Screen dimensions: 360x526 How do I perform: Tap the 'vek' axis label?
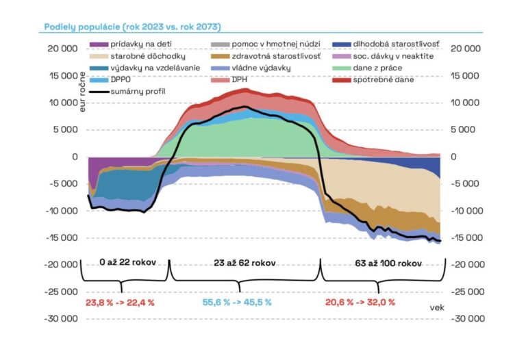pos(437,308)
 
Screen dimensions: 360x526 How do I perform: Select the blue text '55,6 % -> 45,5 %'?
pos(237,302)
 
